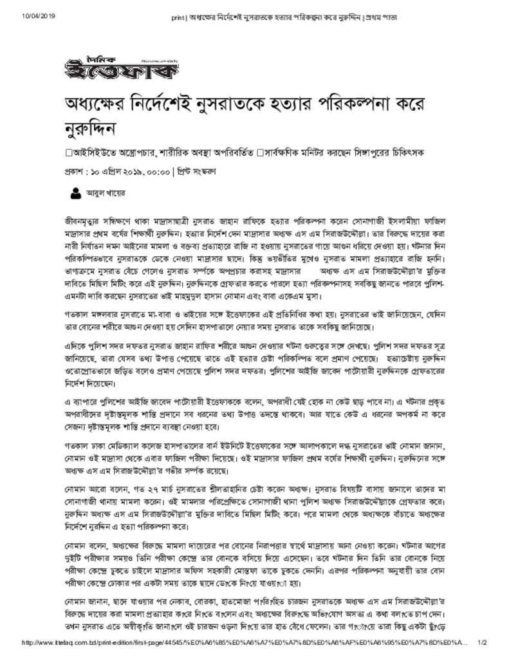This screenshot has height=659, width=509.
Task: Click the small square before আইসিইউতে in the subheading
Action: [69, 153]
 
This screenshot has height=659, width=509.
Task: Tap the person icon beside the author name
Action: [75, 192]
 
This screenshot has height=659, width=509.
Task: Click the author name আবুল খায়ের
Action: [106, 192]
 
